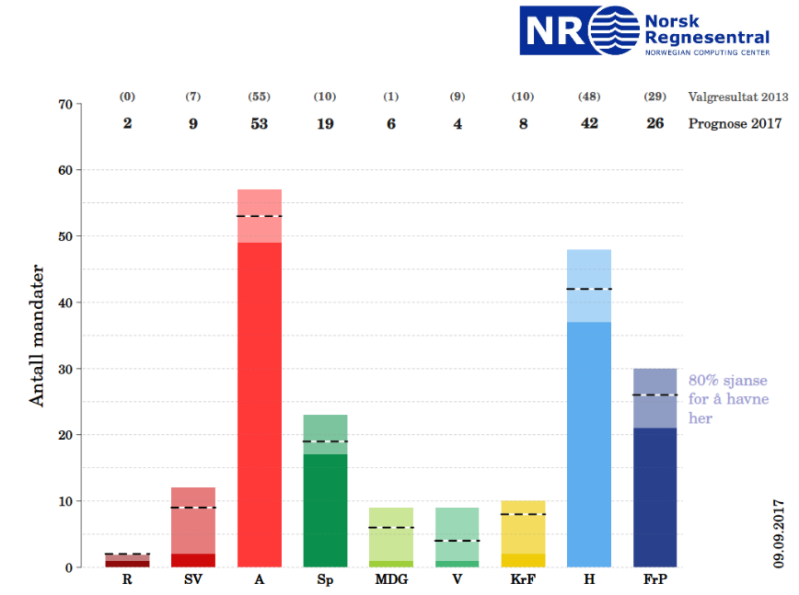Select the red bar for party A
tap(260, 386)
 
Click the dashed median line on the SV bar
tap(193, 508)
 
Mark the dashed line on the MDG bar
tap(391, 527)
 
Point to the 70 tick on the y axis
tap(65, 104)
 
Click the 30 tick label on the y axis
tap(65, 369)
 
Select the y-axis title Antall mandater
tap(38, 336)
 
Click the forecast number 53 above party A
tap(260, 123)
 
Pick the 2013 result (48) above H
tap(589, 97)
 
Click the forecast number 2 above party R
tap(127, 123)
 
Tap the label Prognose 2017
tap(735, 123)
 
